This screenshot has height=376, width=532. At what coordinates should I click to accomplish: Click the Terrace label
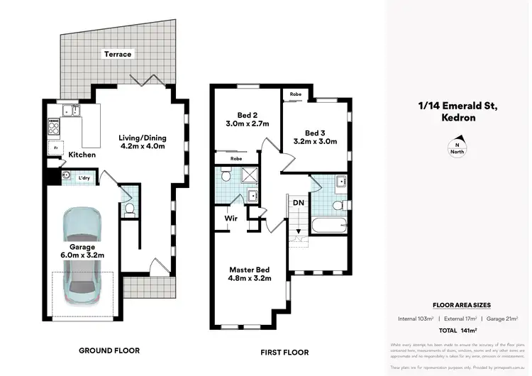pos(117,54)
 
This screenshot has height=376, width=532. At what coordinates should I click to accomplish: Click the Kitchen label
pos(82,155)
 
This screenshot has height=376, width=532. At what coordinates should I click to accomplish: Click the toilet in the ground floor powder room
pos(128,208)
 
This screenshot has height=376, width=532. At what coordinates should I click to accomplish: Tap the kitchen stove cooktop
pos(52,126)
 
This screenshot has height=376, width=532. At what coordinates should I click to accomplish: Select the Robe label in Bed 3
pos(294,94)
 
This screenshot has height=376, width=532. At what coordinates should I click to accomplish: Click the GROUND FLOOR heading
pos(109,350)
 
